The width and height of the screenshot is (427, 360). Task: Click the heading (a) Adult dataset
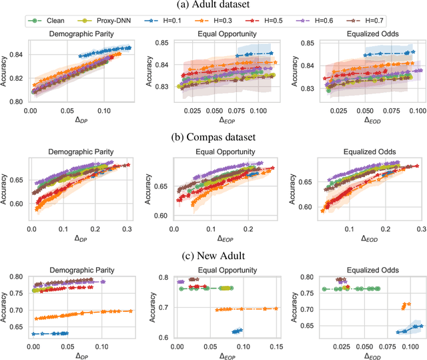coord(213,7)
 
